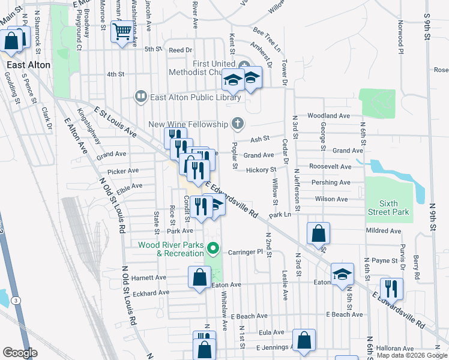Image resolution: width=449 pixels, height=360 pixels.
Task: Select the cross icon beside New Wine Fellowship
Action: coord(238,124)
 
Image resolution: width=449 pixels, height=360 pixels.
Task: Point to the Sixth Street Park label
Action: coord(388,208)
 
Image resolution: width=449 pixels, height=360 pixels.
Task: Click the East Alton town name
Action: coord(28,64)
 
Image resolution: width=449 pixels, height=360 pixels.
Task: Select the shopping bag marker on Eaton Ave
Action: coord(199,277)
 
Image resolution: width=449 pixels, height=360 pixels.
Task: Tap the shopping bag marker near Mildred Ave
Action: coord(318,233)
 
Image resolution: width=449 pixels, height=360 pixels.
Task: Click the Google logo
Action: coord(20,353)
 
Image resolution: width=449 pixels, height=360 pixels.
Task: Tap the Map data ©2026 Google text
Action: coord(411,356)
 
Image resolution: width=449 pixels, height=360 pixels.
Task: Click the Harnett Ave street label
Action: coord(149,278)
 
